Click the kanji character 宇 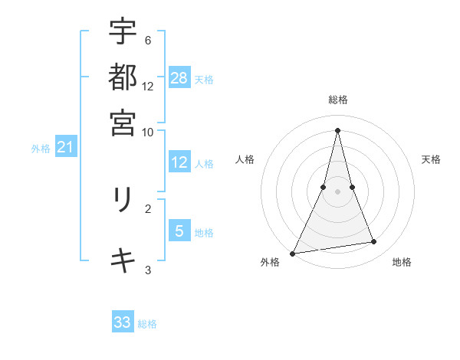tap(123, 32)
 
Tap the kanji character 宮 tap(123, 123)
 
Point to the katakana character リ tap(123, 201)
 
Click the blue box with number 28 tap(179, 77)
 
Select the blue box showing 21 tap(65, 147)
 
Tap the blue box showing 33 tap(123, 322)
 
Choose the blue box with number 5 tap(179, 231)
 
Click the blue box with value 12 tap(179, 162)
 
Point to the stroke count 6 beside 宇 tap(147, 40)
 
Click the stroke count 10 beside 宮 tap(147, 132)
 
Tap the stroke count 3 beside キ tap(148, 270)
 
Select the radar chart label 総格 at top tap(338, 100)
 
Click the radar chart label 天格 tap(432, 159)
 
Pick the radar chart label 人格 tap(245, 159)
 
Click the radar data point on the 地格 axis tap(374, 242)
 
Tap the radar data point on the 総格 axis tap(338, 130)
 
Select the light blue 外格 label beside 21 tap(40, 149)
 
